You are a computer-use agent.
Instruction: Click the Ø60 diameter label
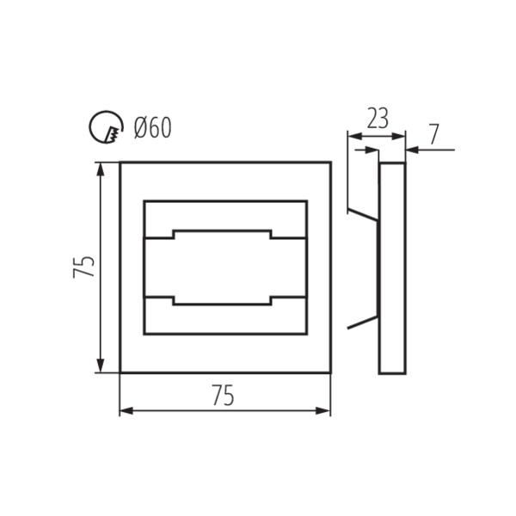pos(153,127)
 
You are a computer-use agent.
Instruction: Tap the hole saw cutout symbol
pos(106,126)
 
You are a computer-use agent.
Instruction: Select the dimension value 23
pos(378,119)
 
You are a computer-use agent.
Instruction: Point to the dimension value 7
pos(434,134)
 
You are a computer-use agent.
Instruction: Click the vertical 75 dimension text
pos(84,267)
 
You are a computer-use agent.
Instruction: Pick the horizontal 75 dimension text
pos(223,396)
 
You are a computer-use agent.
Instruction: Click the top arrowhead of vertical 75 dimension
pos(101,169)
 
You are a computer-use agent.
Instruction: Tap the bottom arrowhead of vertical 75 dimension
pos(101,365)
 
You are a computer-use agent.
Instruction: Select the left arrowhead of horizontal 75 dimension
pos(126,411)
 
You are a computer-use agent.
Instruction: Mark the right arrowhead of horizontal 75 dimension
pos(322,411)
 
